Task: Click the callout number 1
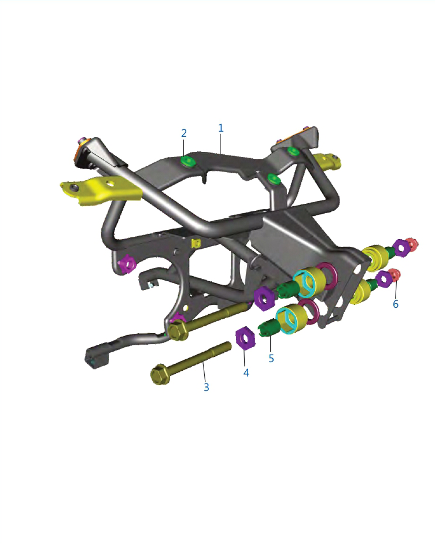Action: coord(220,128)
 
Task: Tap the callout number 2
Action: coord(184,133)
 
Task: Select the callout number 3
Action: coord(207,387)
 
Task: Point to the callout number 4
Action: coord(246,372)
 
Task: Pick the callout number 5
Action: coord(271,359)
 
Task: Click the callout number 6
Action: coord(396,304)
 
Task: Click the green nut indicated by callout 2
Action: coord(187,162)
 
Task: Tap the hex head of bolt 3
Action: coord(160,375)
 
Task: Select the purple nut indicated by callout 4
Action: coord(245,337)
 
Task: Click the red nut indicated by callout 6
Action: coord(394,275)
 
